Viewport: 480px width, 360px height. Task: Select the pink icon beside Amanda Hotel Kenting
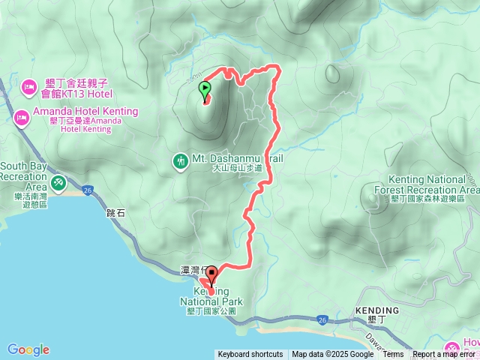(21, 116)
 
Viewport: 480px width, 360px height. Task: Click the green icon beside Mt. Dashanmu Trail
(180, 160)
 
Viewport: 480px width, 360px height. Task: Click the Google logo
(28, 349)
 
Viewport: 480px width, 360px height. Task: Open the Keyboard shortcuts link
(250, 355)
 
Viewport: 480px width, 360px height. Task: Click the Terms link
(393, 355)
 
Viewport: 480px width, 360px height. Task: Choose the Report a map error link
(444, 355)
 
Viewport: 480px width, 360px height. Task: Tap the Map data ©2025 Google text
(332, 355)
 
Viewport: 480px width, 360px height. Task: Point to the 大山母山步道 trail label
(236, 169)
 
